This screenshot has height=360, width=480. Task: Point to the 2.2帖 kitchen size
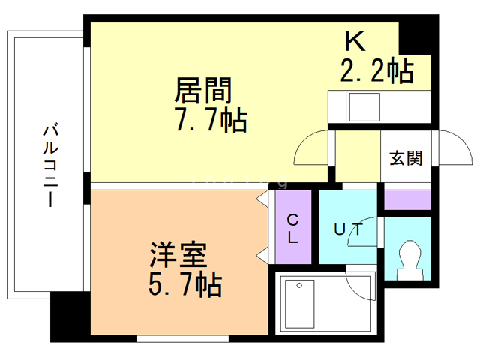(x=376, y=71)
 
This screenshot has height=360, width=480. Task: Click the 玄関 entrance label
(x=405, y=158)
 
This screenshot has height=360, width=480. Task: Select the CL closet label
(x=293, y=228)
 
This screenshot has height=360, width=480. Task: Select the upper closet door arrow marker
(x=262, y=199)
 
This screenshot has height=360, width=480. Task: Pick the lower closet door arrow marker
(x=262, y=255)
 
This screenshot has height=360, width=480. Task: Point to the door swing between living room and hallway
(x=310, y=148)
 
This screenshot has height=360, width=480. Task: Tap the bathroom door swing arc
(x=361, y=283)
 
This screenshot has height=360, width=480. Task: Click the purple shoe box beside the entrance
(x=408, y=200)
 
